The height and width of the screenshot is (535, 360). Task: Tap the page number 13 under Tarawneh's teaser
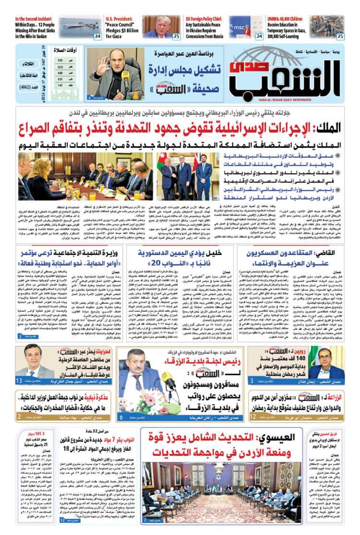point(19,381)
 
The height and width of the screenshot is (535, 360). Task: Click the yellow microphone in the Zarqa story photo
point(168,381)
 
